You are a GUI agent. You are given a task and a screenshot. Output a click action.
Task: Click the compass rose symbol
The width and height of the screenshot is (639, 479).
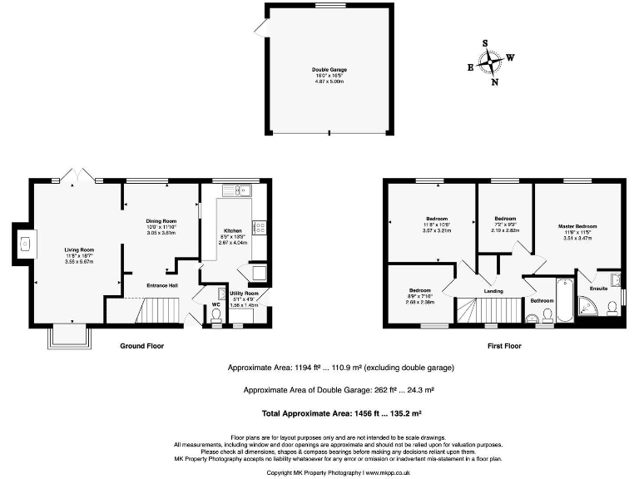pyautogui.click(x=490, y=62)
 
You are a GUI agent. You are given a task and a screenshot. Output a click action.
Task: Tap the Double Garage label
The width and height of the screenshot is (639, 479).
pyautogui.click(x=329, y=70)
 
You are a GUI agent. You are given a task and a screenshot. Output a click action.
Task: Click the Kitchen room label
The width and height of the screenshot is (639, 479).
pyautogui.click(x=233, y=230)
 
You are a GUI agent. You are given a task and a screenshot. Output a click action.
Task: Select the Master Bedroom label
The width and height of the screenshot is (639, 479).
pyautogui.click(x=577, y=226)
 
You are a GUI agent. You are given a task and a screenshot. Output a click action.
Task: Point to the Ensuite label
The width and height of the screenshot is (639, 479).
pyautogui.click(x=598, y=289)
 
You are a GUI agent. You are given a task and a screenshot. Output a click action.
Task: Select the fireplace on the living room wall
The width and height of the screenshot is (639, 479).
pyautogui.click(x=25, y=244)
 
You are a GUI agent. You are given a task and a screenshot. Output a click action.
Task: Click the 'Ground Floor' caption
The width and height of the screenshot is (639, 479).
pyautogui.click(x=141, y=344)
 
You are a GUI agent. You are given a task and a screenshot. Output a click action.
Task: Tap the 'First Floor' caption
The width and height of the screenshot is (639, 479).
pyautogui.click(x=504, y=344)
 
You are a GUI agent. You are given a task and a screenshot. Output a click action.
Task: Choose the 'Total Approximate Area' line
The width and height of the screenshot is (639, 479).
pyautogui.click(x=341, y=412)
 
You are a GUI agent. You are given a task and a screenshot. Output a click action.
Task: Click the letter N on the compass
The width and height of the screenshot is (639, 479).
pyautogui.click(x=494, y=82)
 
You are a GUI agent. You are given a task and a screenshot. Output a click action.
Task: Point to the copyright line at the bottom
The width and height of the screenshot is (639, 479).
pyautogui.click(x=341, y=472)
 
